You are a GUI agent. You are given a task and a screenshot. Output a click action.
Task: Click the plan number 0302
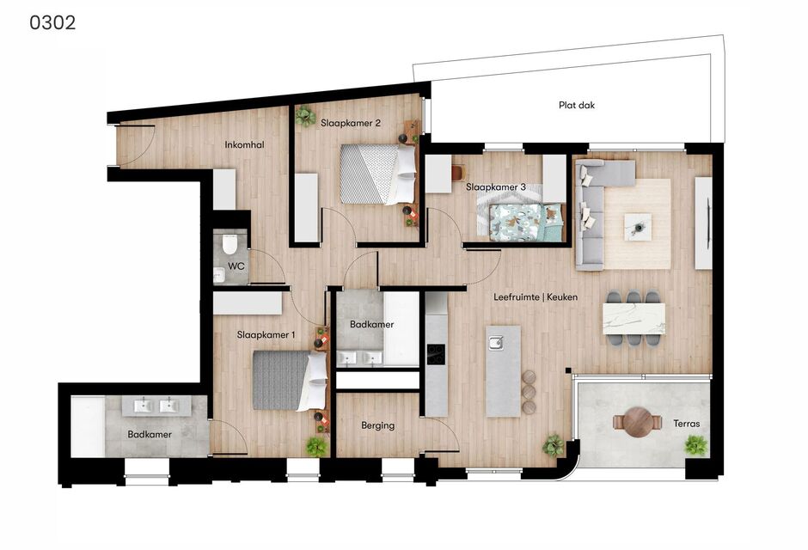(52, 22)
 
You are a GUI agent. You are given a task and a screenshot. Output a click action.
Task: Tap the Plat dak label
(577, 105)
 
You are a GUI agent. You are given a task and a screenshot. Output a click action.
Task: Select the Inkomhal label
(244, 144)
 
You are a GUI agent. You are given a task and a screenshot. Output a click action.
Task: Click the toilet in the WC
(230, 244)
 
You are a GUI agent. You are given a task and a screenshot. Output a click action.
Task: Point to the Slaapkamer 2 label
(351, 123)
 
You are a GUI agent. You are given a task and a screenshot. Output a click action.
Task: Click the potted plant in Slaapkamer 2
(305, 115)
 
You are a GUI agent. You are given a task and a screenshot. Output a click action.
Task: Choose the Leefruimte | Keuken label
(536, 297)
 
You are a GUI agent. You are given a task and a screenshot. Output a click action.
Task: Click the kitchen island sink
(496, 343)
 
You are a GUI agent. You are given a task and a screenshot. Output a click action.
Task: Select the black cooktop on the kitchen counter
(436, 354)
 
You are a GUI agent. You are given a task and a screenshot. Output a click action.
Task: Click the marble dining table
(634, 319)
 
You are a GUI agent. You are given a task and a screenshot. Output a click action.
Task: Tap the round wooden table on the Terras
(638, 422)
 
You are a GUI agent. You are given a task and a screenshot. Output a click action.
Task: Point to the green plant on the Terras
(695, 445)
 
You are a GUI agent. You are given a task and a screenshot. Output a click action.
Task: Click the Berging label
(377, 426)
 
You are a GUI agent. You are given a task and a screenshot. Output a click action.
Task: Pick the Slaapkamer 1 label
(266, 335)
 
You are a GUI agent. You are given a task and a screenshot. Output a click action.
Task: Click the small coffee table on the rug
(638, 227)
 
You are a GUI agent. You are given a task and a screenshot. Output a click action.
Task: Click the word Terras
(687, 424)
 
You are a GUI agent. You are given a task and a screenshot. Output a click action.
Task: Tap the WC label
(236, 266)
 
